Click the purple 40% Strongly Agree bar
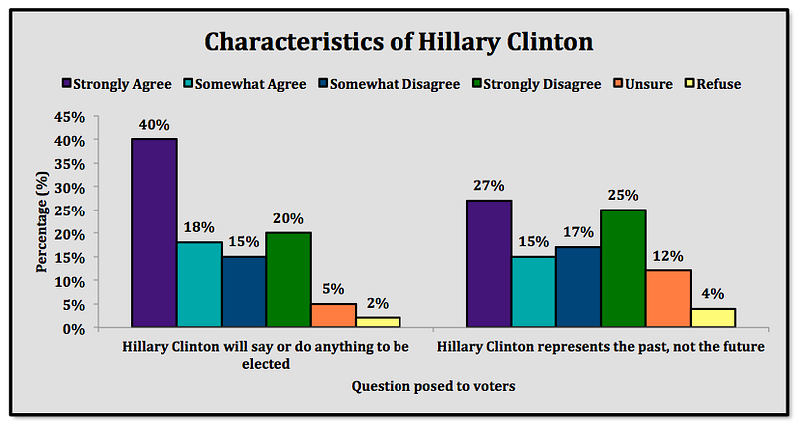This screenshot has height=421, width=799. coord(154,232)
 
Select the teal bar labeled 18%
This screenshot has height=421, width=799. coord(199,284)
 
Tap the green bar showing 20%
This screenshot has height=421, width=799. coord(289,280)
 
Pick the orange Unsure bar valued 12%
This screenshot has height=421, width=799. coord(668,299)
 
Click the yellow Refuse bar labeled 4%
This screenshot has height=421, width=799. coord(713,317)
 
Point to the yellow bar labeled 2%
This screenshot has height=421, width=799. coord(378,322)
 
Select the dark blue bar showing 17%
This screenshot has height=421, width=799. coord(579,287)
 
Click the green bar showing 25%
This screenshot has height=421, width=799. coord(623,268)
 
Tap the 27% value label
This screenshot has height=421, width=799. coord(489,186)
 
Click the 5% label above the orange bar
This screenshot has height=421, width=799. coord(333,289)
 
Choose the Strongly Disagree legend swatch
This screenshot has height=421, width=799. coord(477,82)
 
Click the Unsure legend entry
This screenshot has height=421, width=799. coord(643,84)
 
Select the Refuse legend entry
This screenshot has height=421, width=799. coord(713,84)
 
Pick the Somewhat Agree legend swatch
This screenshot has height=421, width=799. coord(188,82)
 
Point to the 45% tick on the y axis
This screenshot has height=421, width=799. coord(69,117)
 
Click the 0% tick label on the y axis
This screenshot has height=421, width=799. coord(74,329)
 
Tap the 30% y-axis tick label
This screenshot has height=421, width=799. coord(69,188)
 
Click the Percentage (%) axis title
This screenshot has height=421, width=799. coord(42,221)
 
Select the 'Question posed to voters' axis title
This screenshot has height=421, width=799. coord(433,386)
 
